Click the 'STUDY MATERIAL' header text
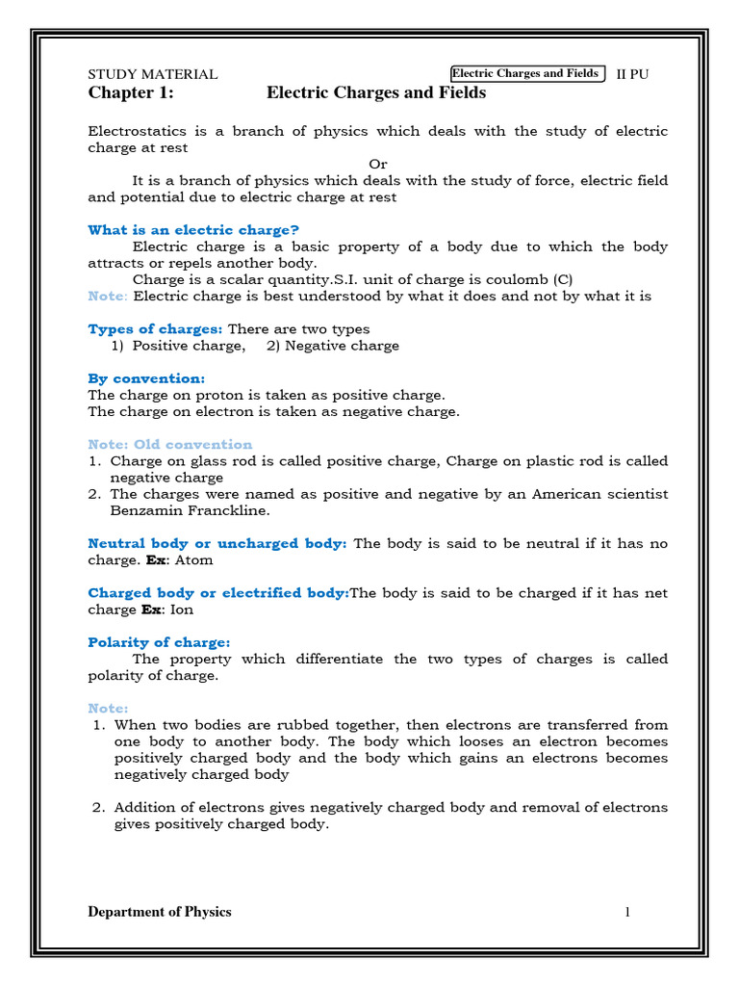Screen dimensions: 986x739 (152, 74)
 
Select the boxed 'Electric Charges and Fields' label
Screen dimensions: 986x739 (525, 73)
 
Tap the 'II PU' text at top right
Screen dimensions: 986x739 (632, 74)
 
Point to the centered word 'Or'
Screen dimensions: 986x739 (378, 164)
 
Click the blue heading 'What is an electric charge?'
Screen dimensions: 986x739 (193, 229)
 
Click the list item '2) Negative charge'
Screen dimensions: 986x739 (333, 346)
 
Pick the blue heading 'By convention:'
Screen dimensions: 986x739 (146, 378)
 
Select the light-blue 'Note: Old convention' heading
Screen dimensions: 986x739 (169, 445)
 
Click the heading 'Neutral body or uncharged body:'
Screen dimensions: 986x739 (217, 543)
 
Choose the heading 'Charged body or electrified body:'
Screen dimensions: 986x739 (218, 593)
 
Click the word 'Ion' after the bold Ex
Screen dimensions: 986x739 (181, 610)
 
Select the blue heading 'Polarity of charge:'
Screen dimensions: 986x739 (159, 642)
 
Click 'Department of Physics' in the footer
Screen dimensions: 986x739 (160, 912)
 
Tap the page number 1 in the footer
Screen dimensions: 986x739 (627, 912)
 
